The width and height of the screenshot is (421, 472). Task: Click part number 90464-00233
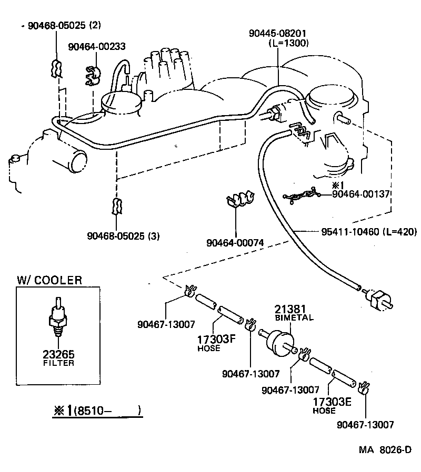(96, 46)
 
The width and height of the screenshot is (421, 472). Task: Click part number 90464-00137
(360, 193)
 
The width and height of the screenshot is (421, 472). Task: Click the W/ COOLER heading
(49, 280)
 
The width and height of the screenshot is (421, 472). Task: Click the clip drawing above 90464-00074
(240, 200)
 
